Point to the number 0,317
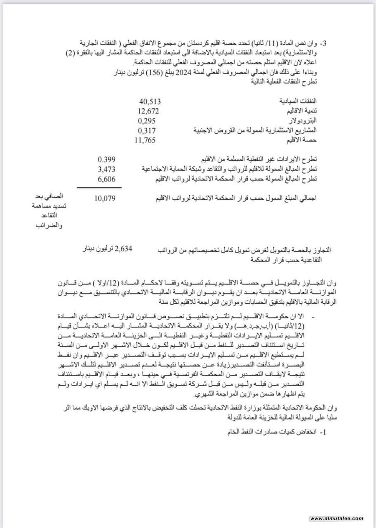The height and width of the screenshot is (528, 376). click(x=148, y=131)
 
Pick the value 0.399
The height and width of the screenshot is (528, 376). click(x=106, y=160)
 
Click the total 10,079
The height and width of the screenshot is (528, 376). click(x=105, y=198)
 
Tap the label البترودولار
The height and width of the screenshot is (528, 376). click(x=306, y=121)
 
